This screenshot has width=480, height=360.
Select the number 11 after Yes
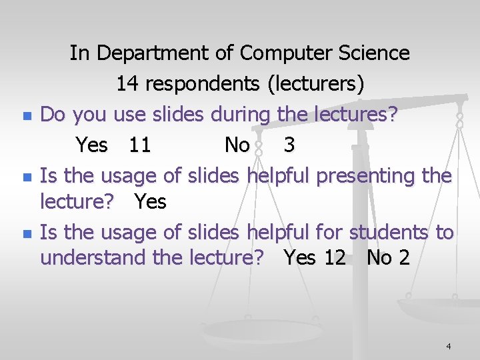139,145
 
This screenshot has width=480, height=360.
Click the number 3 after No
289,145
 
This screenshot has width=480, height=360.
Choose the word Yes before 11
92,145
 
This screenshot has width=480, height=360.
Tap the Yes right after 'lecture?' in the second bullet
151,201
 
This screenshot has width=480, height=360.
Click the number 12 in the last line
335,257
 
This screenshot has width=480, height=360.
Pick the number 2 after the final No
404,257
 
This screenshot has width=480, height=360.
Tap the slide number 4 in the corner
449,346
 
